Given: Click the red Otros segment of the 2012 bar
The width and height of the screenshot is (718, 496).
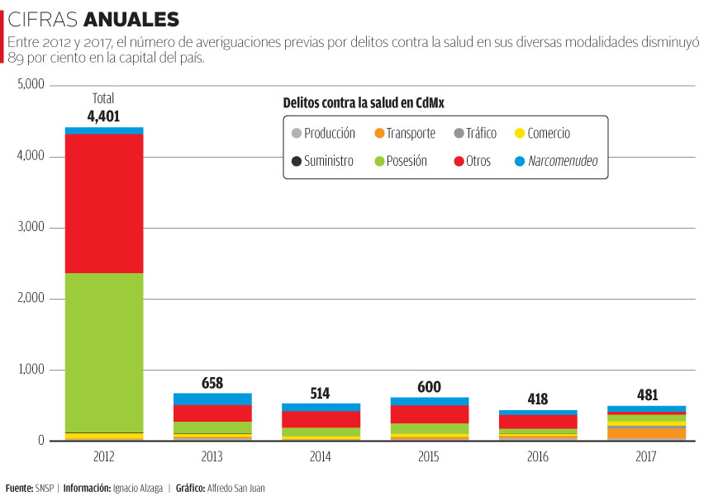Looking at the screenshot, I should tap(104, 203).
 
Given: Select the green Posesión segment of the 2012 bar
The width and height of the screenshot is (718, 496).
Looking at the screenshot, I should tap(104, 352).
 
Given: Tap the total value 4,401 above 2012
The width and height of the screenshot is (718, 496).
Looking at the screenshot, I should tap(103, 116).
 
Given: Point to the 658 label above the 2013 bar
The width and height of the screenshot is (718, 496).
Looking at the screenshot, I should tap(212, 383).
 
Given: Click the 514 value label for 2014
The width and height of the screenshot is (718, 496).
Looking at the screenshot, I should tap(321, 394).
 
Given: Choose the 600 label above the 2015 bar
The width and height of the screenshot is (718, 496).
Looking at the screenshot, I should tap(429, 387).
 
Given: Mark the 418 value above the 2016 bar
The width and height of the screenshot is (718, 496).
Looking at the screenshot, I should tap(537, 399).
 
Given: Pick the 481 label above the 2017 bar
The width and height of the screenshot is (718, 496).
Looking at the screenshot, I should tap(646, 395).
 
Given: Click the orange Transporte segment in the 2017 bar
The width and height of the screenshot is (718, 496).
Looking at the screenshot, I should tap(646, 433).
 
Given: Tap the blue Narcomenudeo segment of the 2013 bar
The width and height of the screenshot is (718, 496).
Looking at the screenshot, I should tap(212, 399).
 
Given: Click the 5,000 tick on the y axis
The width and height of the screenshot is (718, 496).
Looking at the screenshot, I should tap(31, 85).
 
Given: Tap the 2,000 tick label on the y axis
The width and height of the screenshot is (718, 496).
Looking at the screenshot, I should tap(31, 299).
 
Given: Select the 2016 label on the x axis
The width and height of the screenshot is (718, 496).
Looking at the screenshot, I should tap(537, 456).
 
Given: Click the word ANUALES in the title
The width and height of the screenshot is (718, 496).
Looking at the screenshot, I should tap(131, 19).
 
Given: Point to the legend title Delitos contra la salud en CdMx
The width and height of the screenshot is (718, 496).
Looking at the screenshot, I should tap(371, 102).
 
